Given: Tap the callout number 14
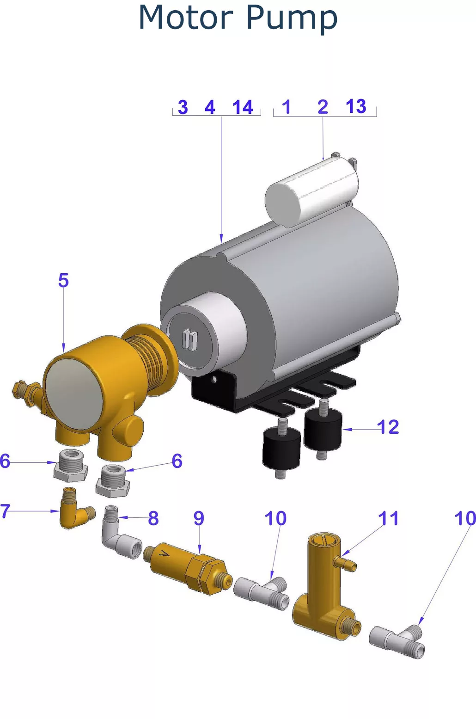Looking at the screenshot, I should coord(243,107).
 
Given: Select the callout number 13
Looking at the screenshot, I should coord(356,106).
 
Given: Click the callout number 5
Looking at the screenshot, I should coord(63,280).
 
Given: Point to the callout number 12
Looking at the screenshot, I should coord(388,427).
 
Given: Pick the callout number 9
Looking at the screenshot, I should coord(199,518).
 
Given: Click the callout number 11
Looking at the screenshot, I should coord(388,518).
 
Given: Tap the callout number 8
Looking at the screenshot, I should coord(153,518).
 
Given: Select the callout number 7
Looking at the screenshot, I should coord(5,511).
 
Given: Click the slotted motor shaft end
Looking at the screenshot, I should coord(190,340).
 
